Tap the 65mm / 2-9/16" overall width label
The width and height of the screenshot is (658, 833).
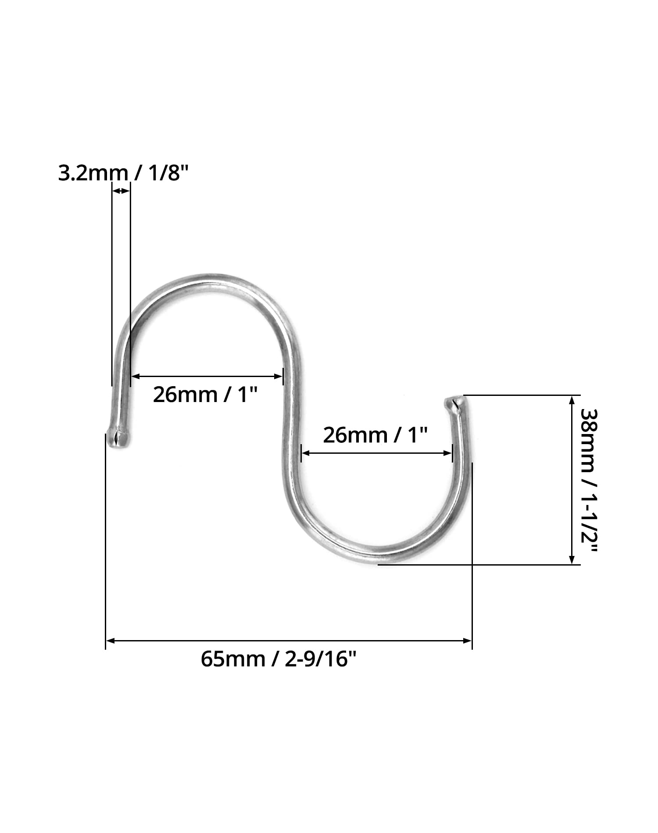pyautogui.click(x=279, y=659)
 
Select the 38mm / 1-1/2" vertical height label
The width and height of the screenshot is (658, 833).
pyautogui.click(x=589, y=481)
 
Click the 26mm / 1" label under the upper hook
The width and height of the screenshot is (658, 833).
pyautogui.click(x=204, y=395)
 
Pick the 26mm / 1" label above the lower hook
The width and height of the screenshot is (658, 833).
pyautogui.click(x=375, y=435)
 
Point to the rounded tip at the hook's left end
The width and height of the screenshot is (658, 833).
pyautogui.click(x=118, y=439)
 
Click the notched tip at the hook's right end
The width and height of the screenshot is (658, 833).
pyautogui.click(x=454, y=402)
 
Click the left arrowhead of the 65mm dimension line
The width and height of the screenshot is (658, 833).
pyautogui.click(x=111, y=641)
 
